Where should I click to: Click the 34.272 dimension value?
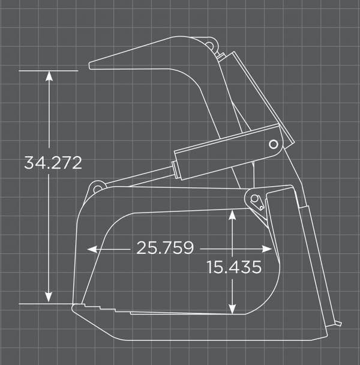pyautogui.click(x=53, y=163)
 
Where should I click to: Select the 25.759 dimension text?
pyautogui.click(x=164, y=248)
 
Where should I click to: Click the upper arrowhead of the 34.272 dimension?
pyautogui.click(x=49, y=76)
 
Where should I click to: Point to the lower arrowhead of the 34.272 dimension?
pyautogui.click(x=49, y=298)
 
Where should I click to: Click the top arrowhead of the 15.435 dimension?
pyautogui.click(x=232, y=214)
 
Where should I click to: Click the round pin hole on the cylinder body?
pyautogui.click(x=273, y=144)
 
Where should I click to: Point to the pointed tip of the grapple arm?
pyautogui.click(x=92, y=65)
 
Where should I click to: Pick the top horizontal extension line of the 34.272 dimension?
pyautogui.click(x=48, y=71)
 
